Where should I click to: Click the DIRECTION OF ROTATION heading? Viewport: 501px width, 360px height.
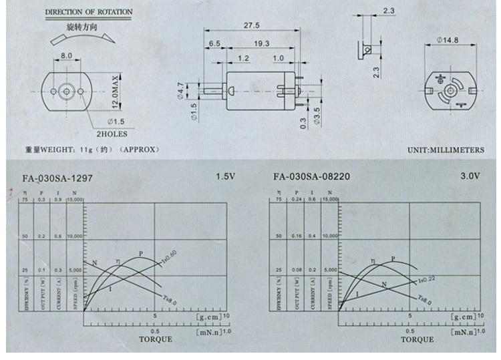tap(89, 12)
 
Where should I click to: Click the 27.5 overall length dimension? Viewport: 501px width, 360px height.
tap(251, 25)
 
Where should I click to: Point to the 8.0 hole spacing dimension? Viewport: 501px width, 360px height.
tap(67, 55)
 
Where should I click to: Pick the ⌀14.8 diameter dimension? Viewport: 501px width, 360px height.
tap(447, 40)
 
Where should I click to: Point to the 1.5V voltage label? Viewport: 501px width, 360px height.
tap(225, 177)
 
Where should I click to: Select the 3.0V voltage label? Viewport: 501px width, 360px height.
tap(470, 177)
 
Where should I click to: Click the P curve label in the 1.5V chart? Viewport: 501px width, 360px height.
tap(140, 253)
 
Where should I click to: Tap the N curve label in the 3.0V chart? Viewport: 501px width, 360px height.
tap(384, 285)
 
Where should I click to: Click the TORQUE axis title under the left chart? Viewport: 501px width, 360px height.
tap(155, 339)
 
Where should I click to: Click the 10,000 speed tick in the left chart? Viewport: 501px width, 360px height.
tap(73, 236)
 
